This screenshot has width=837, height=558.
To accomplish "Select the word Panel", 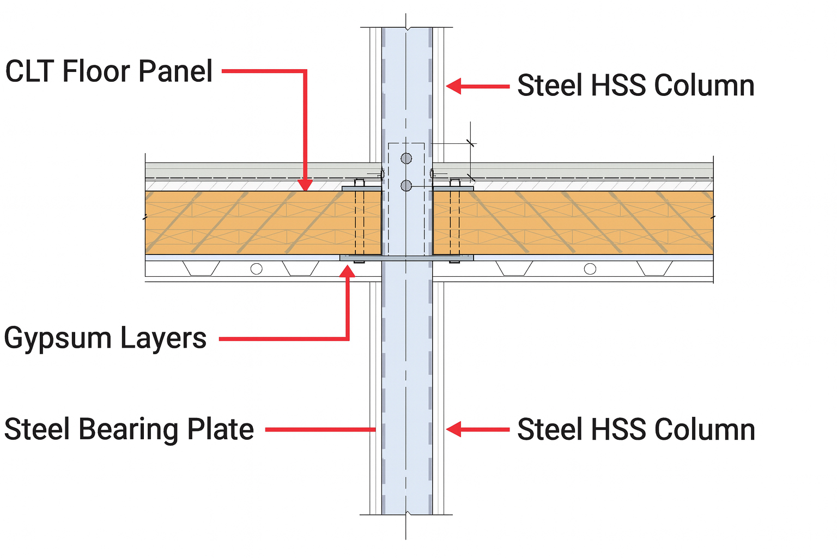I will pyautogui.click(x=175, y=71).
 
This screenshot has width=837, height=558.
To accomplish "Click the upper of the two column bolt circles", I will pyautogui.click(x=406, y=159).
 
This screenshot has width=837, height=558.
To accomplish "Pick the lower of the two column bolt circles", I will pyautogui.click(x=406, y=186).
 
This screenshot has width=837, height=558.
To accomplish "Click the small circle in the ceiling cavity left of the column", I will pyautogui.click(x=256, y=269).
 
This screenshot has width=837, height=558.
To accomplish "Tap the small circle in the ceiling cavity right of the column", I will pyautogui.click(x=590, y=269).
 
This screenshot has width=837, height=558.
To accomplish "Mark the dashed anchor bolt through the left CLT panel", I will pyautogui.click(x=359, y=221).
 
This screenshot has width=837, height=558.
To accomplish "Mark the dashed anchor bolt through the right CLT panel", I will pyautogui.click(x=454, y=221).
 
